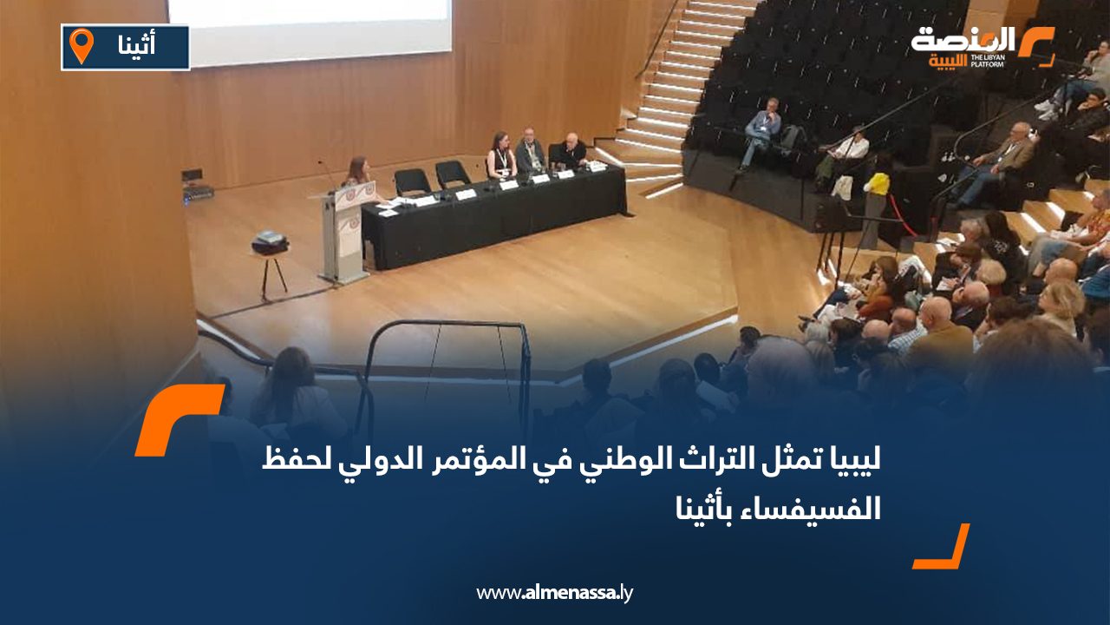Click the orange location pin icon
click(82, 45)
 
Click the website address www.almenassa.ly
click(555, 593)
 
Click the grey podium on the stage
click(343, 234)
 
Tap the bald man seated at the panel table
click(570, 152)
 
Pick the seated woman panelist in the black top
click(500, 156)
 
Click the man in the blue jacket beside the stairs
click(761, 130)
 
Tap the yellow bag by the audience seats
click(878, 183)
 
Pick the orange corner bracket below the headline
click(943, 549)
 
